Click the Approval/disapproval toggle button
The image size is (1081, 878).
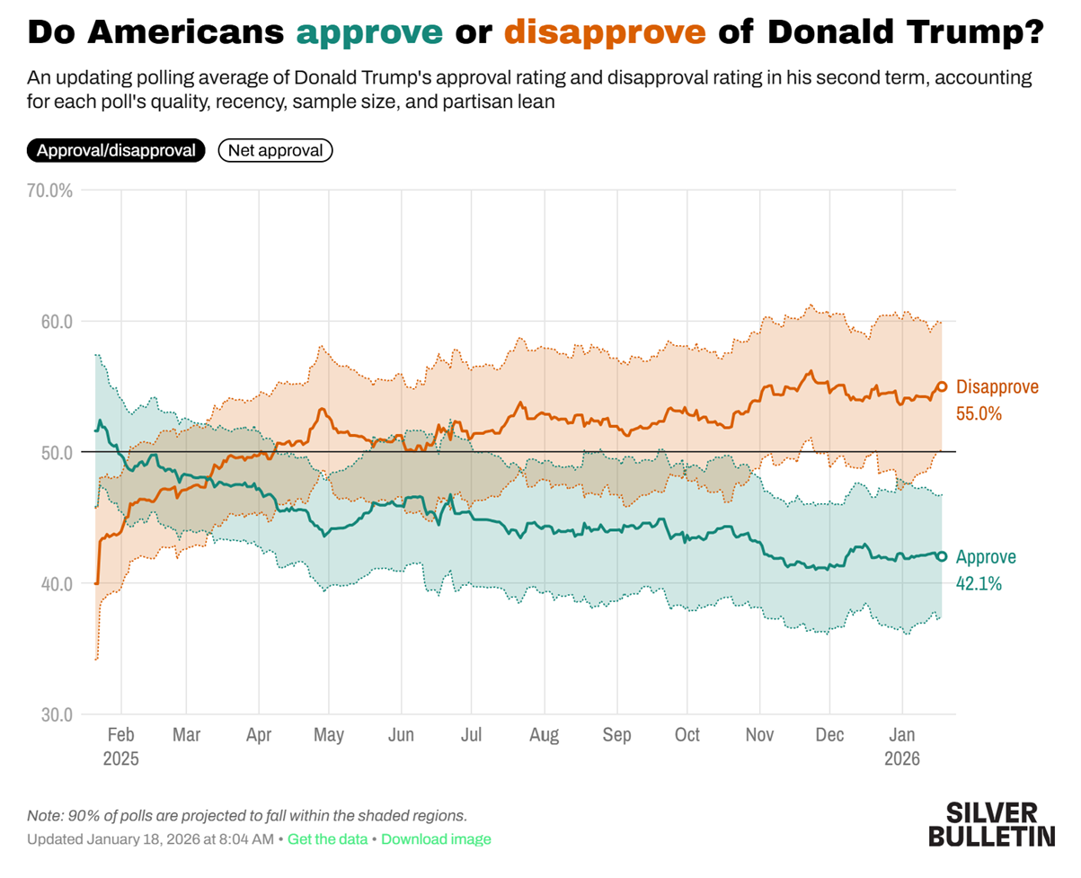pyautogui.click(x=116, y=150)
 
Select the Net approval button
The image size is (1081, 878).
pyautogui.click(x=275, y=150)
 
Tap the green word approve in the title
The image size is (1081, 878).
pyautogui.click(x=369, y=33)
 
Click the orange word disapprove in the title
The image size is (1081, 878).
pyautogui.click(x=604, y=33)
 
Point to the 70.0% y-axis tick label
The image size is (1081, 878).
pyautogui.click(x=51, y=191)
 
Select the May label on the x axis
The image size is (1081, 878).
pyautogui.click(x=329, y=735)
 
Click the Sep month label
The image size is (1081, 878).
pyautogui.click(x=617, y=735)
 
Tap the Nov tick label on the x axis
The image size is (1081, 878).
pyautogui.click(x=760, y=735)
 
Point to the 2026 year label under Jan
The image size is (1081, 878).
pyautogui.click(x=902, y=758)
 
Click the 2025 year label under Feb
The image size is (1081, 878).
pyautogui.click(x=121, y=758)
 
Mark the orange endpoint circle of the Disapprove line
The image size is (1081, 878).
pyautogui.click(x=942, y=386)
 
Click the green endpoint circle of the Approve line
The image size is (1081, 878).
pyautogui.click(x=942, y=556)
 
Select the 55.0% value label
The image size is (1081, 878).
pyautogui.click(x=979, y=414)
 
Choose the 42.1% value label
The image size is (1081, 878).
pyautogui.click(x=979, y=583)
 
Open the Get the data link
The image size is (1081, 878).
pyautogui.click(x=327, y=839)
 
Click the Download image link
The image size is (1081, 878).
pyautogui.click(x=436, y=839)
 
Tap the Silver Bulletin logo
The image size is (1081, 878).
pyautogui.click(x=991, y=824)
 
